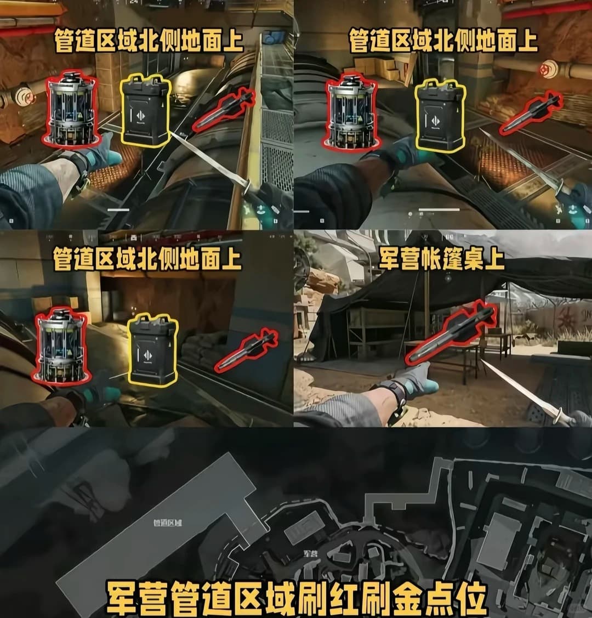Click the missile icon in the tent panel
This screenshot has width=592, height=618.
coord(451,333)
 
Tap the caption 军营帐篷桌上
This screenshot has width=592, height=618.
coord(441,259)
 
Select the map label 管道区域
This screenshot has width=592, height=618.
coord(167,523)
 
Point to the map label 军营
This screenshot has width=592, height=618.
coord(310,554)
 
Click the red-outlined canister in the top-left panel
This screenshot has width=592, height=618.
coord(71,110)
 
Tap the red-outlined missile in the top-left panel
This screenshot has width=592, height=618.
coord(223,111)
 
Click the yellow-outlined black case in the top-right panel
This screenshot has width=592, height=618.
coord(440,115)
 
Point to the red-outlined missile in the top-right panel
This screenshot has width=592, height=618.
coord(531,114)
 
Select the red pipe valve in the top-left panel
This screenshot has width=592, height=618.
coord(25,94)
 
